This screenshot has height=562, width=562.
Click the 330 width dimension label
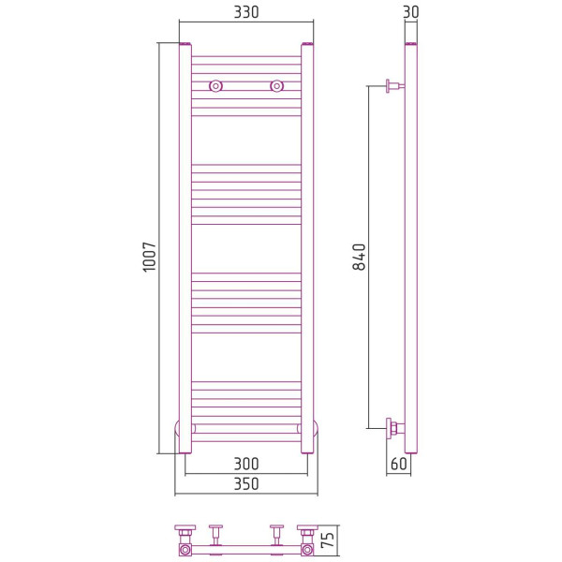point(246,12)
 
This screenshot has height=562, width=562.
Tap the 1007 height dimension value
point(150,257)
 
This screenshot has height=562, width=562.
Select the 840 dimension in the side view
point(359,257)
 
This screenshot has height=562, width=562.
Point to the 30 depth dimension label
point(411,12)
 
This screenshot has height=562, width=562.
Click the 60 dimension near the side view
point(399,464)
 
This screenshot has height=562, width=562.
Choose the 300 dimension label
point(246,465)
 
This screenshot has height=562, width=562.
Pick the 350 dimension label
point(246,484)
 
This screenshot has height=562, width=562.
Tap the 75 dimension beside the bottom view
point(328,540)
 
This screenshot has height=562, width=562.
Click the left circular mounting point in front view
point(215,86)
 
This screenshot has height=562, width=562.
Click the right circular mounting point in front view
point(276,86)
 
